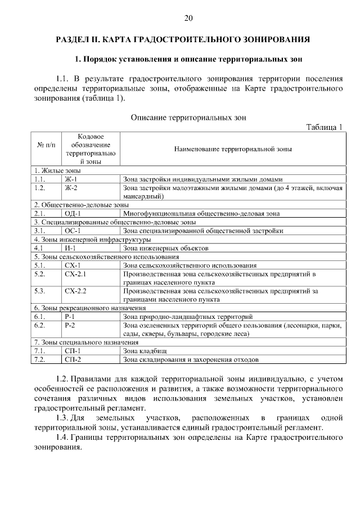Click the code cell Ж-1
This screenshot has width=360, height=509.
coord(71,179)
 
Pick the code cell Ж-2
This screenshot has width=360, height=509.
coord(71,187)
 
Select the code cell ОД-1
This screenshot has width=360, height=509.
coord(73,213)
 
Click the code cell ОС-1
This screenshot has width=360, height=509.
coord(73,230)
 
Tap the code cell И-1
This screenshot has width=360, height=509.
coord(70,247)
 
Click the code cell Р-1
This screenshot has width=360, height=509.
coord(70,317)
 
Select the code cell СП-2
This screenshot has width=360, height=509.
coord(73,359)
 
